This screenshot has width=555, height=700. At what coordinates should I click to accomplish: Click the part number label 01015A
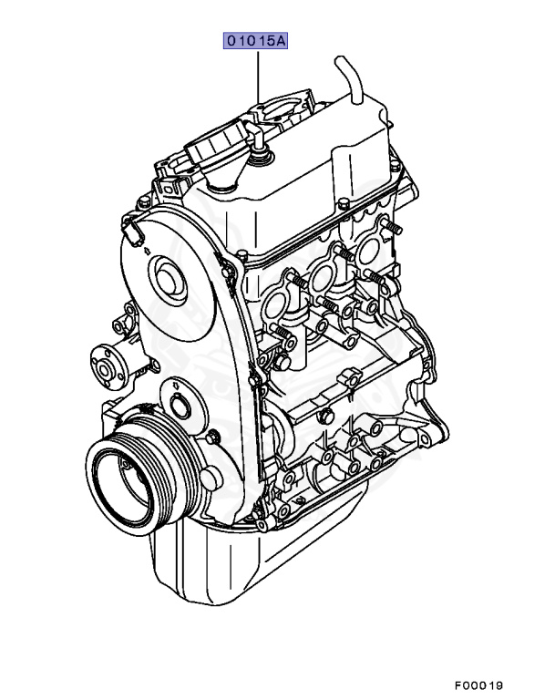[255, 41]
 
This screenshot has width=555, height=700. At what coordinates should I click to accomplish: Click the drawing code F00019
[479, 685]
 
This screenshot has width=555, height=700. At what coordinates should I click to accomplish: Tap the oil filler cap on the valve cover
[216, 144]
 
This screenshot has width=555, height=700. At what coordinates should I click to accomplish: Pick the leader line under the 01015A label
[258, 77]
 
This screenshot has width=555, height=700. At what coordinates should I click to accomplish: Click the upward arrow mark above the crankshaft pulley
[176, 384]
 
